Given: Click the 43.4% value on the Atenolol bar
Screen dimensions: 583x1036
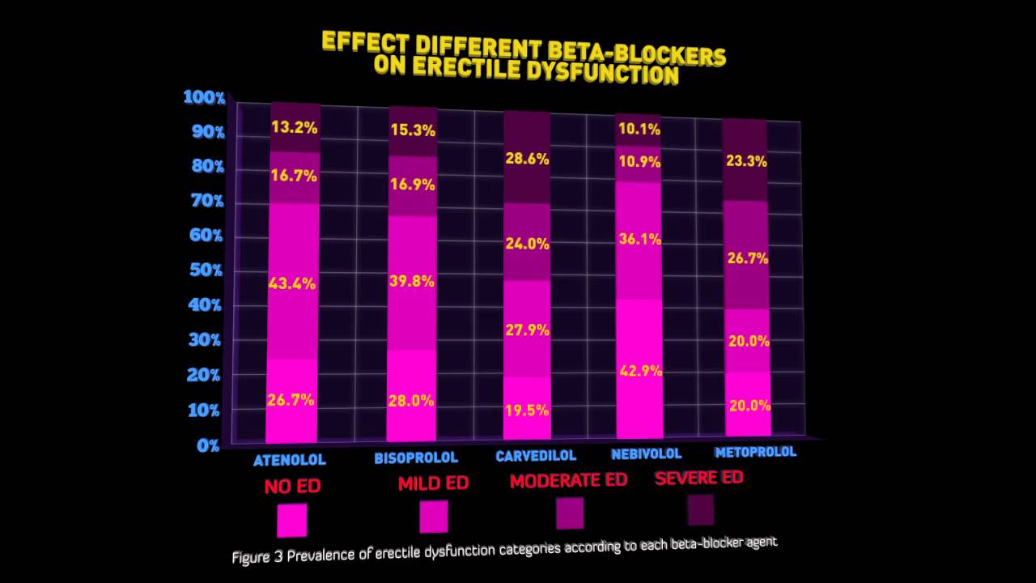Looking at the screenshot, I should [292, 283].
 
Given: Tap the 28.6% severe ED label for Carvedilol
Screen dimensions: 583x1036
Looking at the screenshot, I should [527, 159].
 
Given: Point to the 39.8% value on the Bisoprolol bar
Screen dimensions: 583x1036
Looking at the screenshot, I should [412, 281].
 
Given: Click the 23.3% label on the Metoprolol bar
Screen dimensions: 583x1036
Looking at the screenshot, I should [745, 161].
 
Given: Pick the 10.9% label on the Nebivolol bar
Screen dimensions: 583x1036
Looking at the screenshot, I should [639, 161].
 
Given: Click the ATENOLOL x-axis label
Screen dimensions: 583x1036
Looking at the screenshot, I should [290, 460].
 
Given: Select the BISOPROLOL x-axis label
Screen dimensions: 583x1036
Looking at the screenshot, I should [416, 458].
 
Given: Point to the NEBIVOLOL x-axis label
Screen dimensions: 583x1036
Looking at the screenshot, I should [646, 453].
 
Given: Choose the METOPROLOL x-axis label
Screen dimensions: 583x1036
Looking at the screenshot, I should [755, 452].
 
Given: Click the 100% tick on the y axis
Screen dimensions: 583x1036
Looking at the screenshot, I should [204, 97].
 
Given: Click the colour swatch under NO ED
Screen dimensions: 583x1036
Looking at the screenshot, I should [291, 520].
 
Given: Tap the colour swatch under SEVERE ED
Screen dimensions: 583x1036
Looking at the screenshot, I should [700, 509].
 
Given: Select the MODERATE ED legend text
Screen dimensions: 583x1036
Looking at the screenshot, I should [568, 480].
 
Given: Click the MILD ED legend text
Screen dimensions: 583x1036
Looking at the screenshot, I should [433, 483].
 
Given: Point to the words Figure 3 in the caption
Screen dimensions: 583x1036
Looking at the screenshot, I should [257, 557].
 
